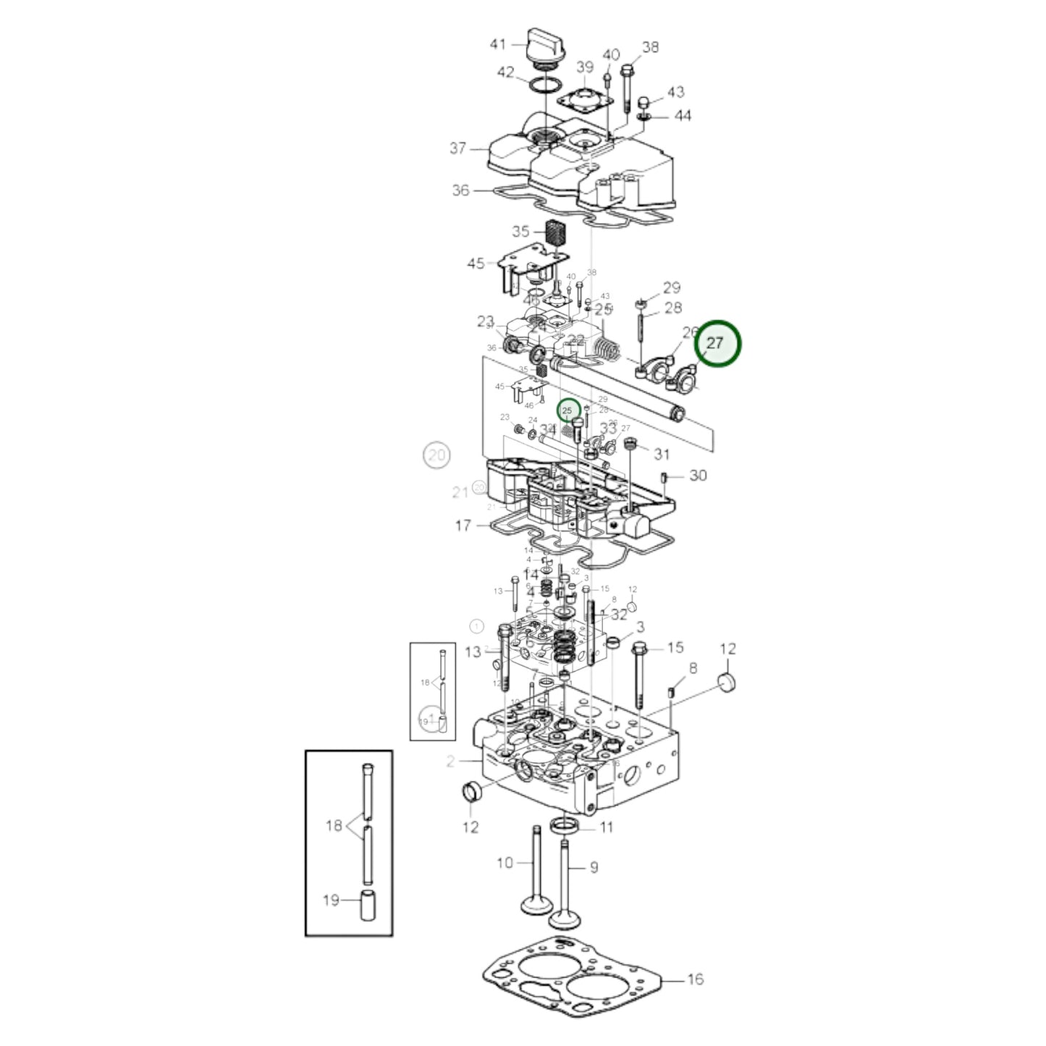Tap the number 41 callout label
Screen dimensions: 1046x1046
498,45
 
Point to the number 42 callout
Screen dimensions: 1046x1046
505,72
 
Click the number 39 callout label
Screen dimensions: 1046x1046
585,67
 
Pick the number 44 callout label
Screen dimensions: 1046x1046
683,116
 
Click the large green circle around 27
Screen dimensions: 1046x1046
717,343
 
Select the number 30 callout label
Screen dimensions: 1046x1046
698,476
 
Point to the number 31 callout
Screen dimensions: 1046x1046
662,454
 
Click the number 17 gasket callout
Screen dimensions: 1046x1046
463,526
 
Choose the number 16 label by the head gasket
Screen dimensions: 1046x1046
695,979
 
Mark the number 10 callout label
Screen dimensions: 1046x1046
505,862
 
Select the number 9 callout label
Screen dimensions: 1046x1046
594,866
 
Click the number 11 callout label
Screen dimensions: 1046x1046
607,827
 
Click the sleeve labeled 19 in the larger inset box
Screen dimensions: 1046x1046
368,906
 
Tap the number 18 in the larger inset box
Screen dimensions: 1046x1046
334,825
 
